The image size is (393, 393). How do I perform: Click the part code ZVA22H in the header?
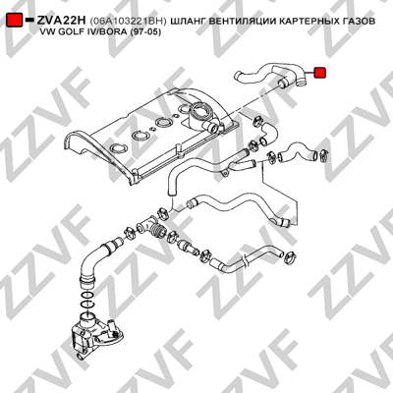pyautogui.click(x=61, y=21)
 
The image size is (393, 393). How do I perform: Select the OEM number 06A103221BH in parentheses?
pyautogui.click(x=128, y=21)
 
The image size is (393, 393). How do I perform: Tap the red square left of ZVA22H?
pyautogui.click(x=15, y=21)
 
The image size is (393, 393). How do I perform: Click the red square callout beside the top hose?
pyautogui.click(x=319, y=73)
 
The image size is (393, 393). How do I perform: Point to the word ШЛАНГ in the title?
pyautogui.click(x=188, y=21)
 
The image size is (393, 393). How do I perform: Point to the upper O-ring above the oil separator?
pyautogui.click(x=85, y=294)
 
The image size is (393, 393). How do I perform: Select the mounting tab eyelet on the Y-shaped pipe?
pyautogui.click(x=224, y=173)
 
